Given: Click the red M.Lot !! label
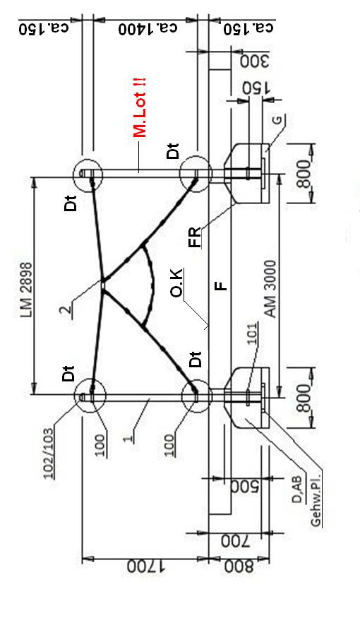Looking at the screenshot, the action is (140, 107).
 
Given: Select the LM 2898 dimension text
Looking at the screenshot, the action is (26, 289).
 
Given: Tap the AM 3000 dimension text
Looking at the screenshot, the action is (270, 288).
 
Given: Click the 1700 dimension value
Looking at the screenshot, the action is (147, 566).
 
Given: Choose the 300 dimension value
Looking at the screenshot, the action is (255, 61).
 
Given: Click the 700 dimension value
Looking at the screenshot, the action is (236, 542).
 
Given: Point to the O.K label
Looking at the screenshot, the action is (176, 283).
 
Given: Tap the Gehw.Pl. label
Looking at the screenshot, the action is (316, 499).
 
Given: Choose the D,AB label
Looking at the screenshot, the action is (297, 489).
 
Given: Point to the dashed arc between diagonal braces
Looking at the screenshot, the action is (152, 285).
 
